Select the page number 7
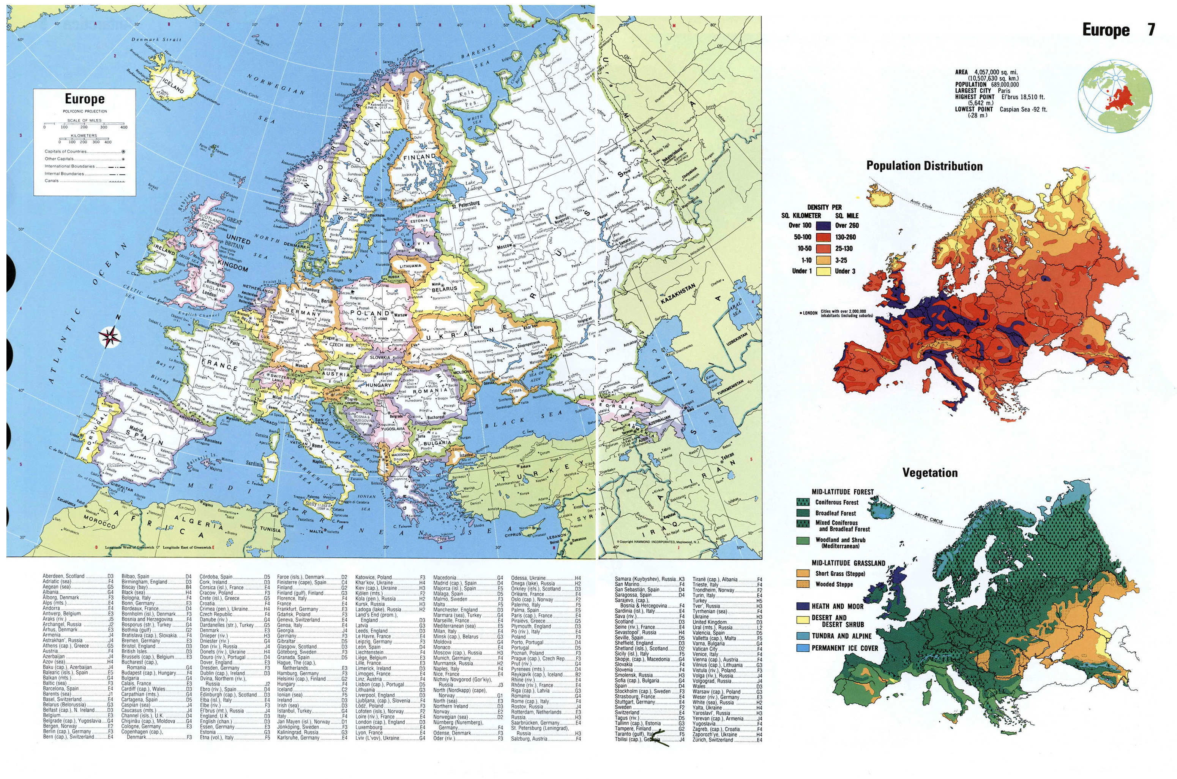[1151, 30]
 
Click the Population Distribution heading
[925, 166]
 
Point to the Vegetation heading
[930, 472]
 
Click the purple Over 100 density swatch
[824, 226]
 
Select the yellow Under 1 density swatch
[824, 271]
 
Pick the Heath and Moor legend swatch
[803, 606]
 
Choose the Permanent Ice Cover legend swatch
[803, 648]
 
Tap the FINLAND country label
[420, 157]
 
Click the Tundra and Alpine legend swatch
[803, 636]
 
